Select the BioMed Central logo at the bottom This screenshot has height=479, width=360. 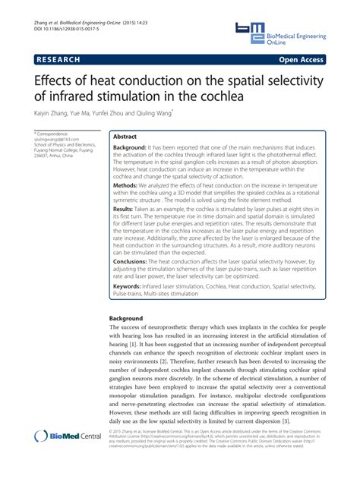(x=68, y=456)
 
